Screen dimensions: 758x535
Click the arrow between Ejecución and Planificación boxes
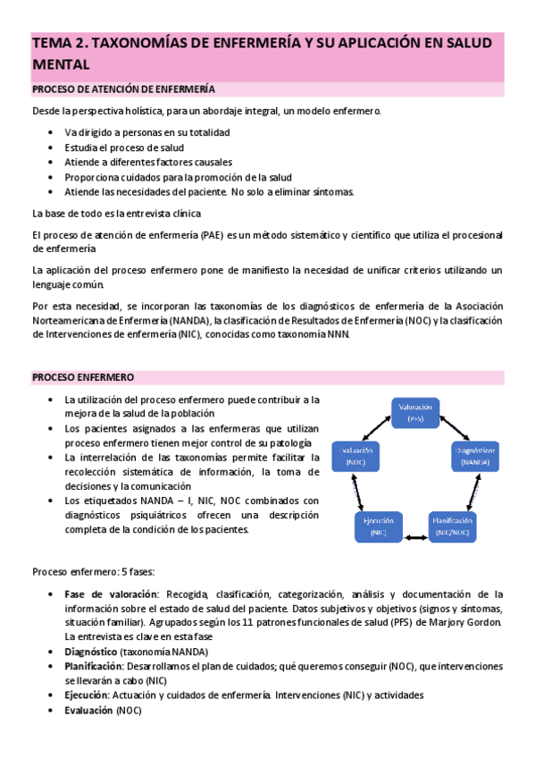pyautogui.click(x=414, y=537)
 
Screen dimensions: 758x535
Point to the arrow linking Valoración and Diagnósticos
pyautogui.click(x=456, y=427)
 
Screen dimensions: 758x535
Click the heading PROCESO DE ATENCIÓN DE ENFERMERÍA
pyautogui.click(x=123, y=89)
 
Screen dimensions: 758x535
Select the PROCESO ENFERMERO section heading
pyautogui.click(x=83, y=377)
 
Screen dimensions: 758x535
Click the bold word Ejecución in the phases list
pyautogui.click(x=86, y=695)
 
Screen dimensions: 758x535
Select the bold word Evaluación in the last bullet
pyautogui.click(x=88, y=710)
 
